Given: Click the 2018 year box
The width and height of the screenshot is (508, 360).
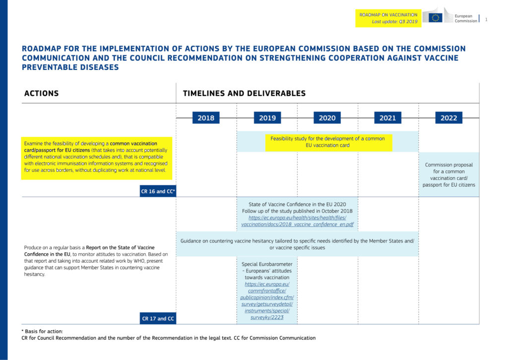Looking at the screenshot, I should click(206, 118).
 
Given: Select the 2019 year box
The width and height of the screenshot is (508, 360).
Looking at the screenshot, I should click(267, 118).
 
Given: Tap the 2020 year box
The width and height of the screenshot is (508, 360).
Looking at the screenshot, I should click(327, 118).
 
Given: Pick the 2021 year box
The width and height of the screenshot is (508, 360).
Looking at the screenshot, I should click(387, 118).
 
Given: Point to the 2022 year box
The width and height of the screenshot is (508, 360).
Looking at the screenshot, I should click(448, 118).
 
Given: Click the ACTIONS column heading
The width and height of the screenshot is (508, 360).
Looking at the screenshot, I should click(42, 93).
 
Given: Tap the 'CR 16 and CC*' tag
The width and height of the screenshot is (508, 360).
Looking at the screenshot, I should click(158, 191).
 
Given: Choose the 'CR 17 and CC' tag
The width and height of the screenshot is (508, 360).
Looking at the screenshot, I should click(158, 318).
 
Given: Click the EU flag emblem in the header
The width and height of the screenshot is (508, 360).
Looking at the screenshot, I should click(436, 18).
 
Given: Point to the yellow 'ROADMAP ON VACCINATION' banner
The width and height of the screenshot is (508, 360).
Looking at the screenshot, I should click(388, 18).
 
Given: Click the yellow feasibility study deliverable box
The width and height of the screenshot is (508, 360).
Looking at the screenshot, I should click(328, 142).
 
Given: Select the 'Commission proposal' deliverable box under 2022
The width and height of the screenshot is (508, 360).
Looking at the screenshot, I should click(448, 175).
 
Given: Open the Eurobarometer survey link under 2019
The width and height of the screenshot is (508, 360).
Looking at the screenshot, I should click(267, 301).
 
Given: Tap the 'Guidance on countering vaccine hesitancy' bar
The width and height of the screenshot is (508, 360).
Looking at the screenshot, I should click(297, 244).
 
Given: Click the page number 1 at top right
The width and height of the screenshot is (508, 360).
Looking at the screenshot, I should click(486, 19).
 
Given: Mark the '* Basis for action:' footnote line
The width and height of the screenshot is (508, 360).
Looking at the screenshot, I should click(42, 331).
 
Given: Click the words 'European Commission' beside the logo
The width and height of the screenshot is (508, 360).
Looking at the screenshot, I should click(466, 18).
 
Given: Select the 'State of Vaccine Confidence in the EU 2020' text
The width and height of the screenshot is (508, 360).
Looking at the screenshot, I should click(297, 204).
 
